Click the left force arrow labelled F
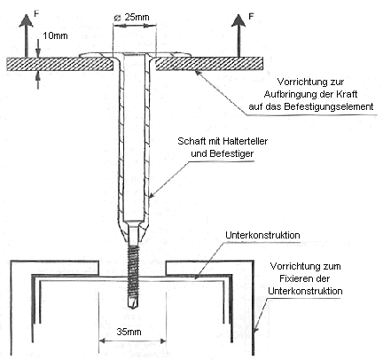pos(26,35)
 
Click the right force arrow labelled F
pos(238,35)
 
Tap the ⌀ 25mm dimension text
pos(132,17)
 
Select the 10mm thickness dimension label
pos(55,35)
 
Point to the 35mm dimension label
pos(129,332)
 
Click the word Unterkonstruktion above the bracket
pos(262,235)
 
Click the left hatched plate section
pos(60,64)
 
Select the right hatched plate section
pos(209,64)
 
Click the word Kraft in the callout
pos(347,94)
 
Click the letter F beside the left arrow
pos(36,13)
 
